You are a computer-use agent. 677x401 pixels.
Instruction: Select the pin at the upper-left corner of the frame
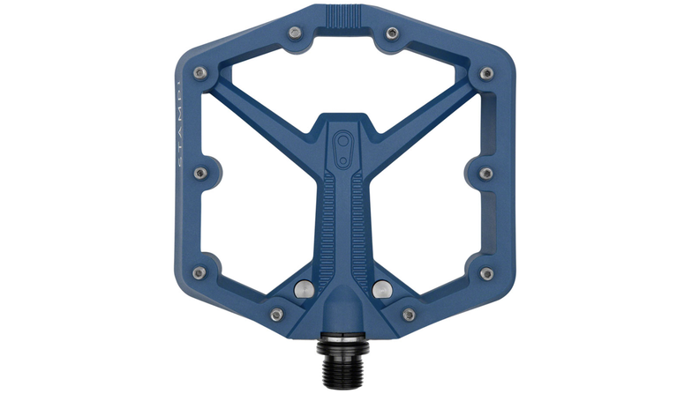[x=199, y=72]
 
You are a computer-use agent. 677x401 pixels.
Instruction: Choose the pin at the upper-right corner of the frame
[x=485, y=72]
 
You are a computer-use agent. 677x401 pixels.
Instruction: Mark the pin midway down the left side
[x=199, y=173]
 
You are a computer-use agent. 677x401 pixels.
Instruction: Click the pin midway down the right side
[x=485, y=173]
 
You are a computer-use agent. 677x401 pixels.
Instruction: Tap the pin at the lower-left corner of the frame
[x=199, y=273]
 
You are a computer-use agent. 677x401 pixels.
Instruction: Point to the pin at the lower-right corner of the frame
[x=485, y=273]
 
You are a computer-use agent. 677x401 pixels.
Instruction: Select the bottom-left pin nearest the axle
[x=276, y=314]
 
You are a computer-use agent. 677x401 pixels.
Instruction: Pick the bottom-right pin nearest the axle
[x=408, y=314]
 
